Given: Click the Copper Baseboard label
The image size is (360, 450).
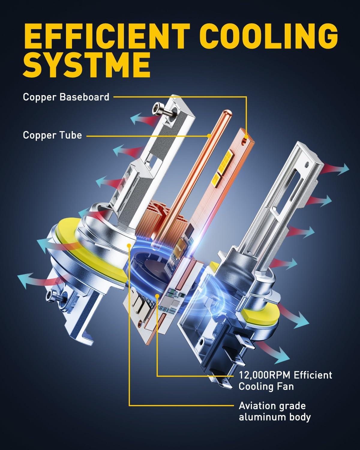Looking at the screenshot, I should click(66, 97).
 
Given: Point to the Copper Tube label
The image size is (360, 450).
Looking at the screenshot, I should click(52, 135).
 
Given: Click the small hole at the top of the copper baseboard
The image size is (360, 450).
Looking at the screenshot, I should click(247, 137).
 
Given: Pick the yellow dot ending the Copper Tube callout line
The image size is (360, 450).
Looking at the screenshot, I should click(208, 136).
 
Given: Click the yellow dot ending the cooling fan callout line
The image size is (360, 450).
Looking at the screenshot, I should click(157, 296).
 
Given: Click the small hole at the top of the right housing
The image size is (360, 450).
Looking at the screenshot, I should click(306, 164).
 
